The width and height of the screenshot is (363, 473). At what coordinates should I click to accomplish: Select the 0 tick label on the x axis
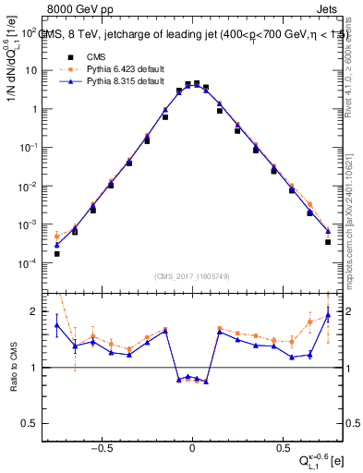(192, 448)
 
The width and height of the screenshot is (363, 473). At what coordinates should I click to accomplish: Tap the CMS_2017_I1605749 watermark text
(191, 276)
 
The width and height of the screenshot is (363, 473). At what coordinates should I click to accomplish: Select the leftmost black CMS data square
(57, 254)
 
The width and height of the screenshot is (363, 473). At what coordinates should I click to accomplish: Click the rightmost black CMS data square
(328, 242)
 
